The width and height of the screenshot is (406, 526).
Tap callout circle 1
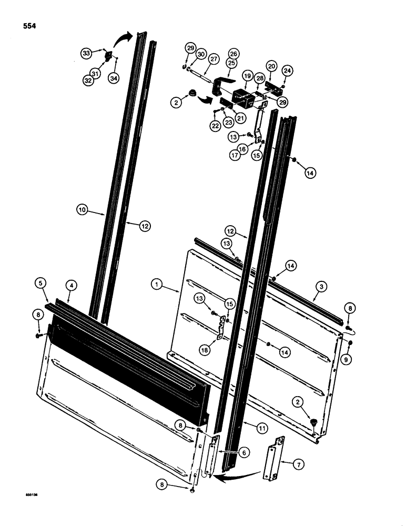[x=155, y=285]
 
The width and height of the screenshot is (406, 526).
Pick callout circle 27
[x=214, y=60]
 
